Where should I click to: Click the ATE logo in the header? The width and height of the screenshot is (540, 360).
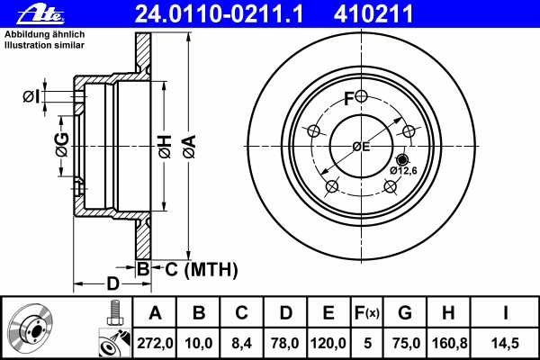tap(40, 14)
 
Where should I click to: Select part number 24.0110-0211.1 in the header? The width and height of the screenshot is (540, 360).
tap(219, 14)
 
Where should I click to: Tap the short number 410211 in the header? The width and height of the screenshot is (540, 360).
tap(373, 14)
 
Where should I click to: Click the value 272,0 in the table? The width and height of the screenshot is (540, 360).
tap(155, 343)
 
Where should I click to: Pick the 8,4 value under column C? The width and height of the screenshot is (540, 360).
tap(241, 343)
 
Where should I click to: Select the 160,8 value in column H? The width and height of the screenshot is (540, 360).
tap(449, 343)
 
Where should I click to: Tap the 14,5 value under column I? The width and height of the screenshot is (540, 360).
tap(505, 343)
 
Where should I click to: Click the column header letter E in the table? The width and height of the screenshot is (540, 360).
tap(328, 313)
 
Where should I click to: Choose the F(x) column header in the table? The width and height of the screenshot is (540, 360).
tap(367, 313)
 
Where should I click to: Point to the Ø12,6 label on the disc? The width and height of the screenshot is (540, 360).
tap(403, 170)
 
